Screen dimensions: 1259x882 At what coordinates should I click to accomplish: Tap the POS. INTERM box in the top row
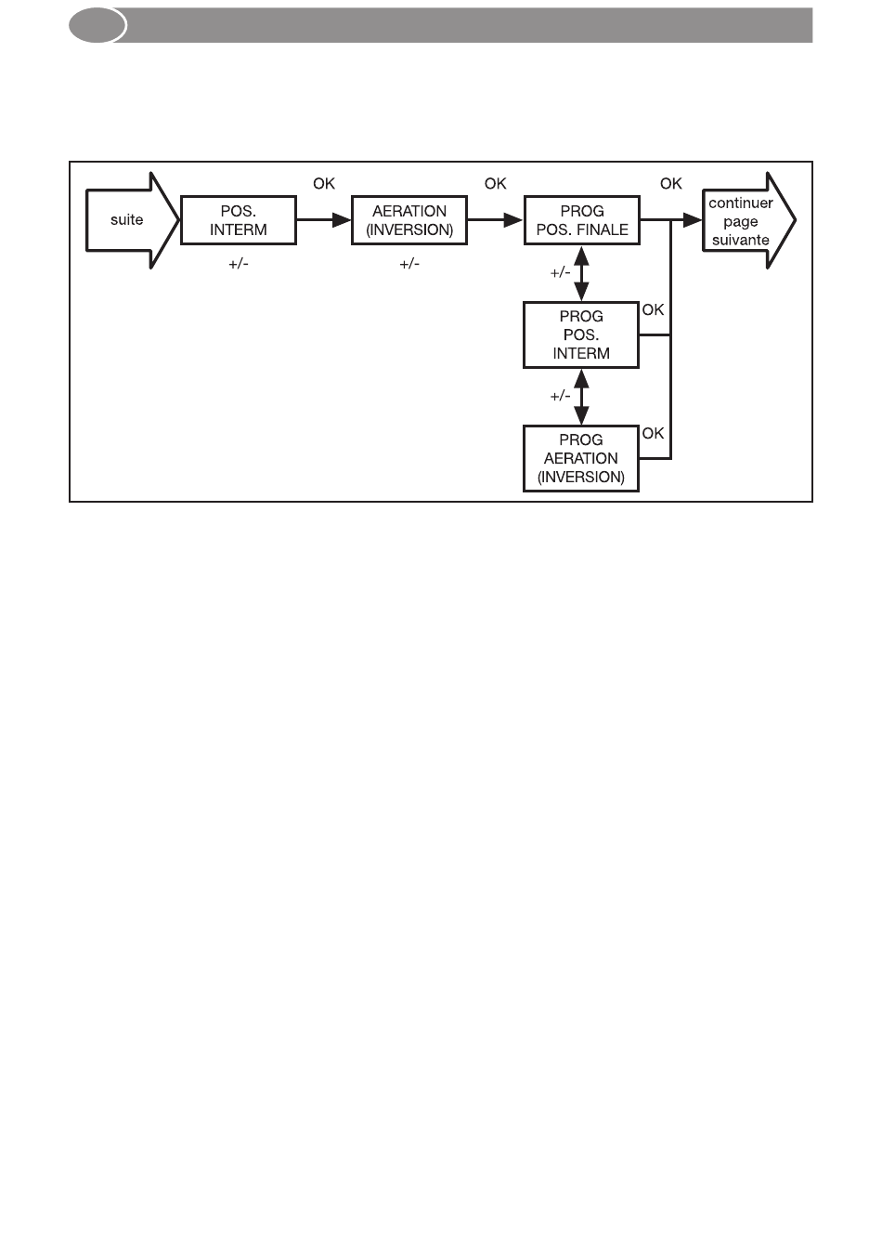pos(238,220)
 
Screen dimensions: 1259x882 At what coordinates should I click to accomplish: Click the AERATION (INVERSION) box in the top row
pos(409,220)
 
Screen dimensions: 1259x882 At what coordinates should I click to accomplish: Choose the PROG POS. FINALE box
pos(582,220)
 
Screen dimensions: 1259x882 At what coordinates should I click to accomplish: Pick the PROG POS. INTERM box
pos(581,334)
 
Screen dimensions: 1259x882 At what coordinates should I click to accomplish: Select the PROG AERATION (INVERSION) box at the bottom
pos(581,458)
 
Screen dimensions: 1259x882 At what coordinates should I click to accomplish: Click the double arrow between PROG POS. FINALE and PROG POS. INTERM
pos(582,273)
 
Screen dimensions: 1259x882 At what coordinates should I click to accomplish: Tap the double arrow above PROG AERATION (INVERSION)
pos(582,397)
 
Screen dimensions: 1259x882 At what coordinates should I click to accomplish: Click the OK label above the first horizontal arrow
pos(324,184)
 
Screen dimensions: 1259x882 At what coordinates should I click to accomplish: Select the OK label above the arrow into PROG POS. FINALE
pos(496,184)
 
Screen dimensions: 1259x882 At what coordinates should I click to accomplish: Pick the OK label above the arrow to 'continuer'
pos(671,184)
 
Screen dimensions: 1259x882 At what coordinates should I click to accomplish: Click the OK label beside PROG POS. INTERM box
pos(654,310)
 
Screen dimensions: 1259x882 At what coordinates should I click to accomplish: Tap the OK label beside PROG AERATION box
pos(654,433)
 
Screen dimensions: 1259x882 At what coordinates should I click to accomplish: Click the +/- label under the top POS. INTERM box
pos(239,265)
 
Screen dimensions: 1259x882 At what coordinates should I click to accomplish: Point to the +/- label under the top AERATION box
pos(409,265)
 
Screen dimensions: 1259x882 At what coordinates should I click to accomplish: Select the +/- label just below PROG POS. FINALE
pos(560,273)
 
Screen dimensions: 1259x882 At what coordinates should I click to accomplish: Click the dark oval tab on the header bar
pos(97,26)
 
